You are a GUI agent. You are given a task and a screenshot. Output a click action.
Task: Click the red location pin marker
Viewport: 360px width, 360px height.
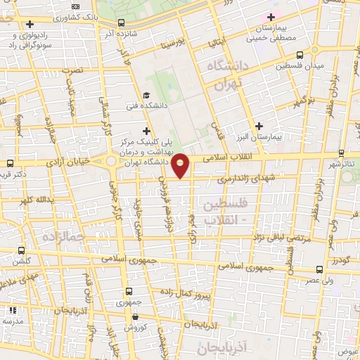(x=181, y=165)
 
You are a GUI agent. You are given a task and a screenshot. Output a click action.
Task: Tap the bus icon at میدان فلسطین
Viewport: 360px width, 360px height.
(x=300, y=54)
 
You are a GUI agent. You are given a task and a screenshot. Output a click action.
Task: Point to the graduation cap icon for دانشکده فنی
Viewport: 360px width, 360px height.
(x=146, y=96)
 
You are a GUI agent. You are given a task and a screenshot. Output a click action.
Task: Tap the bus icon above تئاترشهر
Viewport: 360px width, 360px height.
(x=340, y=153)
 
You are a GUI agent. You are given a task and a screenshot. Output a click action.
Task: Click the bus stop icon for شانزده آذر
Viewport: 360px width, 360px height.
(x=122, y=22)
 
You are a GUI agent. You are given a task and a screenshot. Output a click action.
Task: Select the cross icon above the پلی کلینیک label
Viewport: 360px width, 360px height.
(x=146, y=130)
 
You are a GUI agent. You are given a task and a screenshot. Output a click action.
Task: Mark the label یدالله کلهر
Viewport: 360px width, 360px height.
(x=35, y=200)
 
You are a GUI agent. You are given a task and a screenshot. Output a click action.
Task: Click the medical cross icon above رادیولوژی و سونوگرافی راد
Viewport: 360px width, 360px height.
(x=30, y=25)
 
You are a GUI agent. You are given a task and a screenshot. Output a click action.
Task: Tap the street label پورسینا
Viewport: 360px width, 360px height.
(x=172, y=44)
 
